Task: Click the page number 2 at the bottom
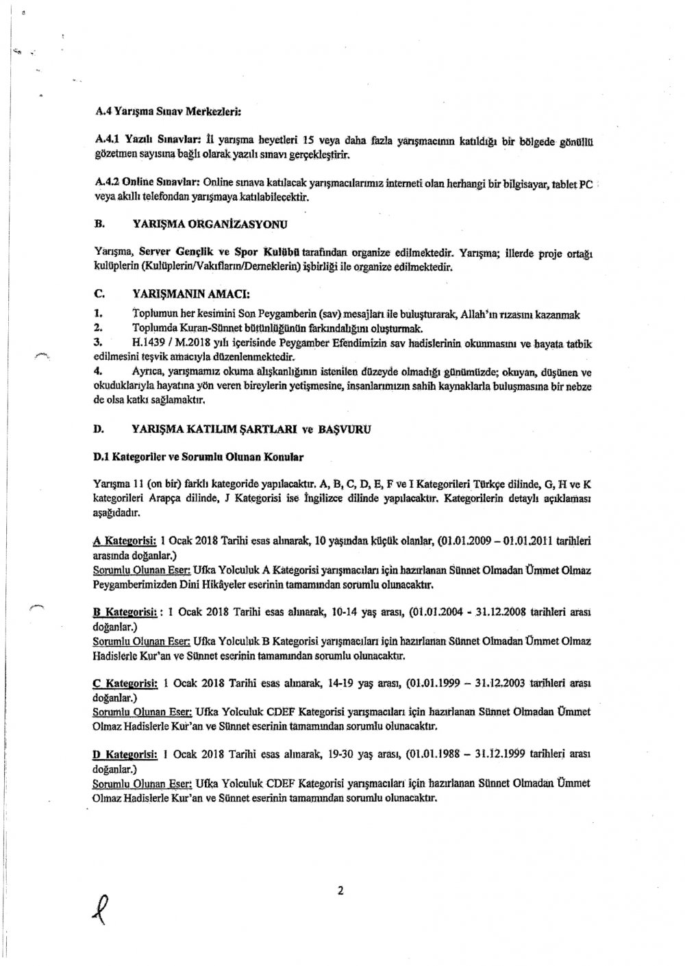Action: click(340, 891)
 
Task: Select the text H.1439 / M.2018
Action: click(155, 340)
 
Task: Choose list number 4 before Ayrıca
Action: click(98, 371)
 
